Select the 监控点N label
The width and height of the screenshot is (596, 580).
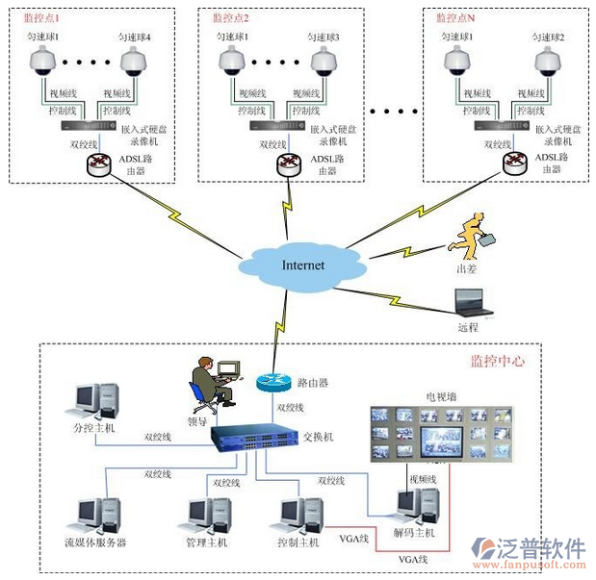[455, 17]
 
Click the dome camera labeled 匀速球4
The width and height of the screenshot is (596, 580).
[135, 62]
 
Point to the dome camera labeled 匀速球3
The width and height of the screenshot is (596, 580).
[324, 62]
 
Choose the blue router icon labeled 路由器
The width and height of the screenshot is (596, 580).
[273, 382]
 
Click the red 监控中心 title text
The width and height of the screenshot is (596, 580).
[497, 361]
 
